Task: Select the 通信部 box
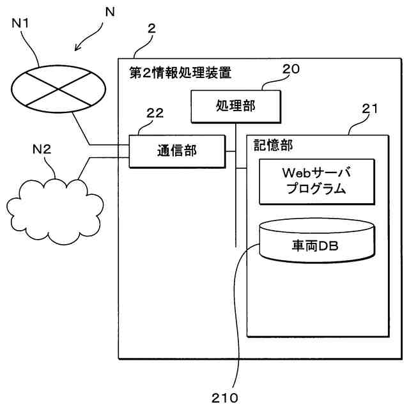pyautogui.click(x=177, y=151)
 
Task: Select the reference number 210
pyautogui.click(x=224, y=397)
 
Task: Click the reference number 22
pyautogui.click(x=155, y=114)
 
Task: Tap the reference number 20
pyautogui.click(x=291, y=69)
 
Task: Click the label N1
pyautogui.click(x=22, y=24)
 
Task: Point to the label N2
pyautogui.click(x=42, y=150)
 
